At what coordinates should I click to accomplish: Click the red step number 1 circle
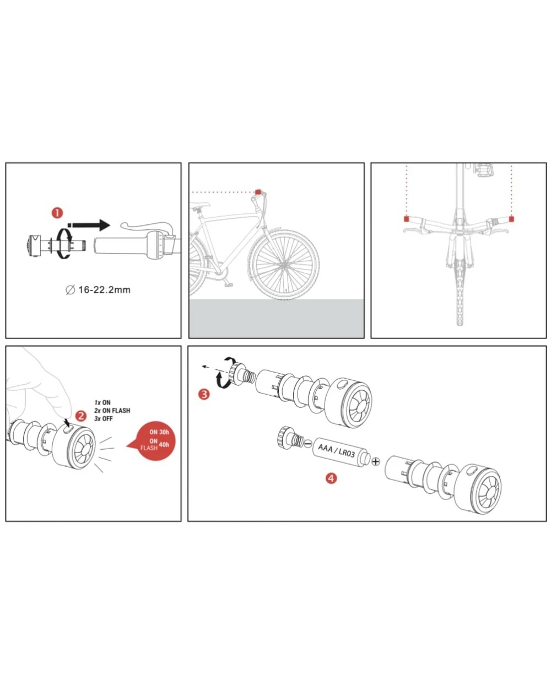pyautogui.click(x=57, y=213)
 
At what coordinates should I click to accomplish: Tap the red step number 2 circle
pyautogui.click(x=81, y=416)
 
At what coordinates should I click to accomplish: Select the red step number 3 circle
pyautogui.click(x=204, y=394)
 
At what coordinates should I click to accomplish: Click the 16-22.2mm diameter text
pyautogui.click(x=98, y=290)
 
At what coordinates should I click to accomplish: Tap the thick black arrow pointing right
pyautogui.click(x=89, y=225)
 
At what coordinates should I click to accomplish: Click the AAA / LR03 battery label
pyautogui.click(x=336, y=450)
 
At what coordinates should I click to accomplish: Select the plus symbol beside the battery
pyautogui.click(x=376, y=461)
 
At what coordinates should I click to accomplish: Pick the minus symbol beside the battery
pyautogui.click(x=307, y=444)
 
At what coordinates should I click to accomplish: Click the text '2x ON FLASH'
pyautogui.click(x=112, y=411)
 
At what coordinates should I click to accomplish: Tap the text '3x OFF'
pyautogui.click(x=104, y=418)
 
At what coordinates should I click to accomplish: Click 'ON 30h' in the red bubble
pyautogui.click(x=159, y=432)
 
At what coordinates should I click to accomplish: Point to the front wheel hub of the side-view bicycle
pyautogui.click(x=284, y=264)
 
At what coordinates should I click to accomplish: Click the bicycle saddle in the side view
pyautogui.click(x=200, y=204)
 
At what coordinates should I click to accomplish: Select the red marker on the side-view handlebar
pyautogui.click(x=258, y=192)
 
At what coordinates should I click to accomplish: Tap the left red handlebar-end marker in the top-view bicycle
pyautogui.click(x=406, y=219)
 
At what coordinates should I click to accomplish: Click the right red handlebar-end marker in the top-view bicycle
pyautogui.click(x=511, y=219)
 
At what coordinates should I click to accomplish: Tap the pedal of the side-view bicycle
pyautogui.click(x=229, y=284)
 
